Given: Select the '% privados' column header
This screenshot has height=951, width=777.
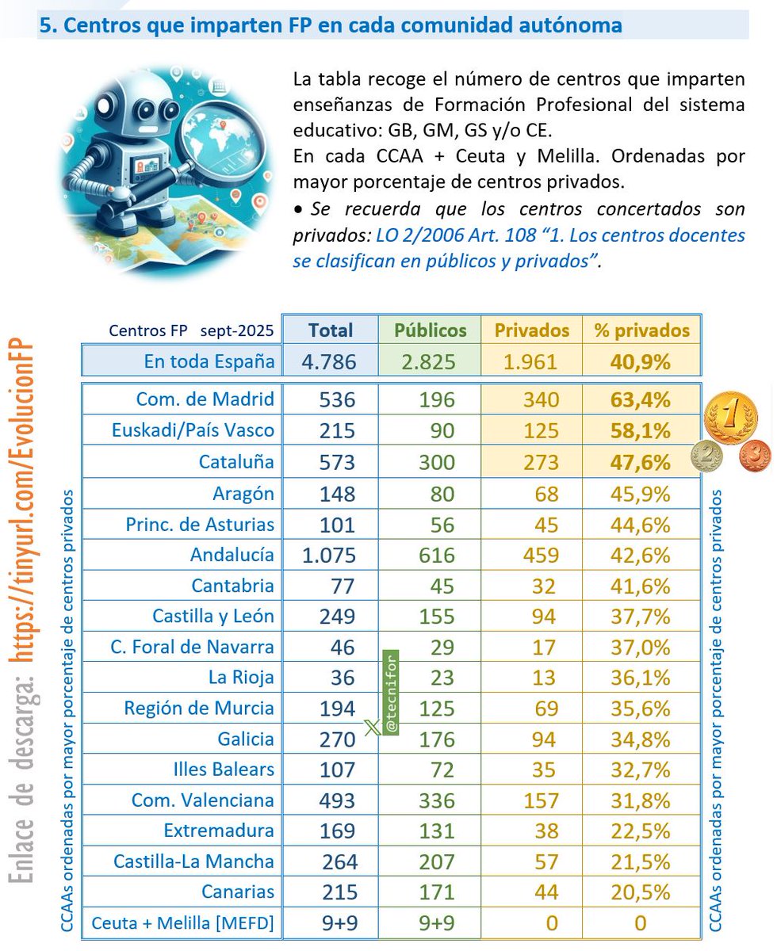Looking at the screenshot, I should click(641, 330).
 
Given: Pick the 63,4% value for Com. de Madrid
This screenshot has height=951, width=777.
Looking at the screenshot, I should click(641, 399).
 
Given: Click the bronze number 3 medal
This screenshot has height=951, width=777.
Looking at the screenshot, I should click(755, 457).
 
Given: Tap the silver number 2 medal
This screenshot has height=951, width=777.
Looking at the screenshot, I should click(707, 456).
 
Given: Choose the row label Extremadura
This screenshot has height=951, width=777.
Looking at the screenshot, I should click(219, 831).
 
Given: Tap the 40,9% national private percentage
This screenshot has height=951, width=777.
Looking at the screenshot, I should click(641, 361).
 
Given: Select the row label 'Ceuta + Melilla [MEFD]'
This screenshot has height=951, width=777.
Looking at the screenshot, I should click(183, 923).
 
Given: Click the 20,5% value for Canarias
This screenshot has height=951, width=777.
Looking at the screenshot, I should click(641, 892).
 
